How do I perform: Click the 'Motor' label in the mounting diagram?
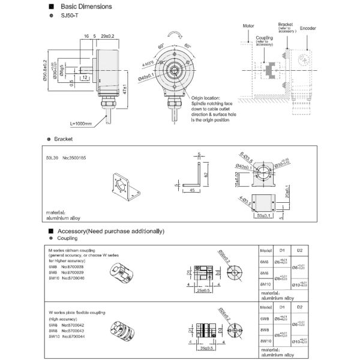pos(249,27)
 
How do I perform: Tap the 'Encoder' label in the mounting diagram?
pos(308,28)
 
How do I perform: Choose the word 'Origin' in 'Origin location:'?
pos(199,98)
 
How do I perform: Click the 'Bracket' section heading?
pos(63,139)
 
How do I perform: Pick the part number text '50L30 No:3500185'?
pos(66,158)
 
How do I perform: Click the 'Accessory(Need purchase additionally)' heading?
pos(109,231)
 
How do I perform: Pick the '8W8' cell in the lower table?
pos(265,331)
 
